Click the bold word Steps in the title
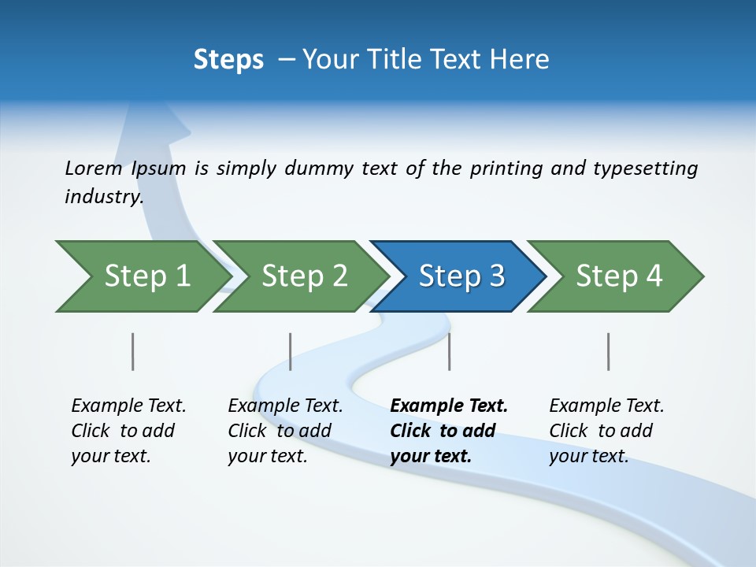[228, 60]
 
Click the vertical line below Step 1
[132, 351]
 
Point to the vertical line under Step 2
[291, 351]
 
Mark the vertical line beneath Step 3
[449, 351]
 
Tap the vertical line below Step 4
[608, 351]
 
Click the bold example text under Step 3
[449, 431]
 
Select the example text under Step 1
[128, 431]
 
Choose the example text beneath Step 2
[285, 431]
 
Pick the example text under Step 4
[606, 431]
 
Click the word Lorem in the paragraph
[93, 169]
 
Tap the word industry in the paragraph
[103, 197]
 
